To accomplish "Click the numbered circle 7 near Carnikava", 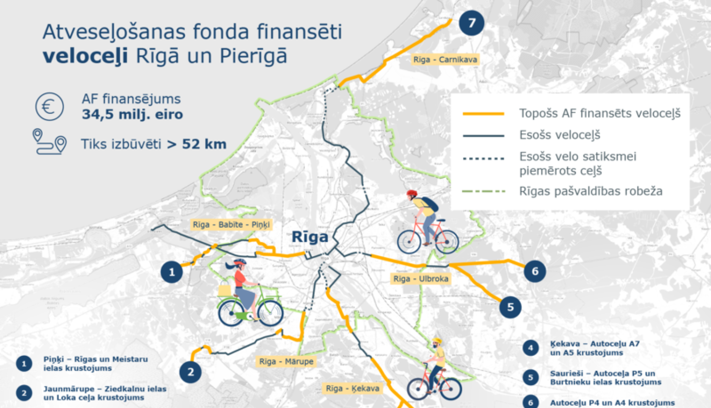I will click(471, 23).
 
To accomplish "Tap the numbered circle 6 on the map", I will click(535, 271).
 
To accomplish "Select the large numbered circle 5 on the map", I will click(510, 307).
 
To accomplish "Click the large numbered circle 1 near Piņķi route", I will click(172, 272).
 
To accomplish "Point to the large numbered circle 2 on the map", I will click(191, 372).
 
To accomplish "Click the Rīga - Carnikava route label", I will click(445, 59).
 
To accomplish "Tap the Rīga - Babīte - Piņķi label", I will click(231, 224).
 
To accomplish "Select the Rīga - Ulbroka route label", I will click(421, 278).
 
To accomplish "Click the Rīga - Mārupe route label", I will click(286, 362).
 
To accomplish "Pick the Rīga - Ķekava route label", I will click(353, 389).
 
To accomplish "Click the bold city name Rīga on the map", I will click(310, 237).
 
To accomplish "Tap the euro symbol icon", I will click(49, 106).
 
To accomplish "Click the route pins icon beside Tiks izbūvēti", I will click(49, 141).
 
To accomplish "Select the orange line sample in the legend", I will click(483, 114).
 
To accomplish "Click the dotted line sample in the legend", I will click(483, 158).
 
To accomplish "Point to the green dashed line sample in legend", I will click(483, 192).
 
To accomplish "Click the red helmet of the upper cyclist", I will click(412, 194).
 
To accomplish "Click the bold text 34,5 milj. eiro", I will click(132, 114).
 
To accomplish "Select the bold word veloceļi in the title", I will click(85, 56).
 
